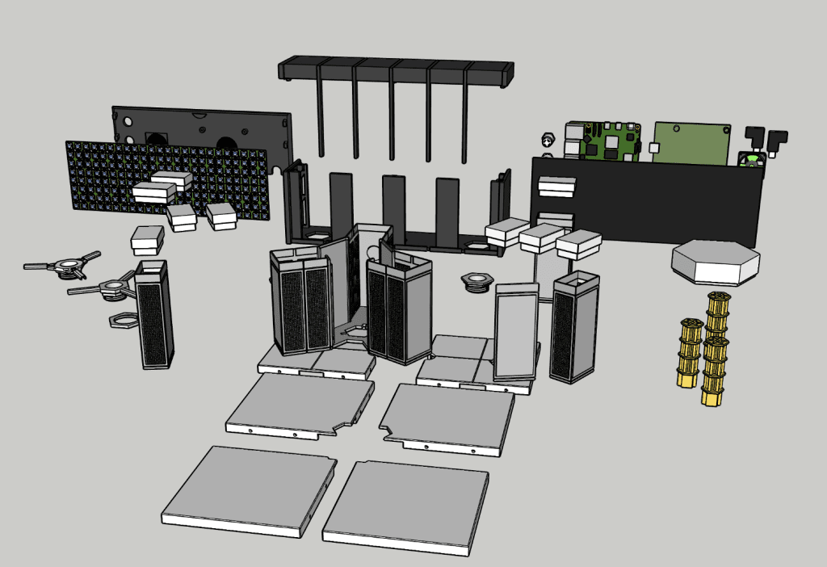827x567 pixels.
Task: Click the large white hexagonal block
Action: [x=715, y=260]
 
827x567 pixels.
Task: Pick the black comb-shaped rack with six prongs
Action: [x=396, y=73]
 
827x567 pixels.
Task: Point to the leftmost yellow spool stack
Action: [x=689, y=353]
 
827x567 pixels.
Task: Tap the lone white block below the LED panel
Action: [x=148, y=240]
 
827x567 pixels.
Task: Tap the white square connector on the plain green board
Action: [x=653, y=148]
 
